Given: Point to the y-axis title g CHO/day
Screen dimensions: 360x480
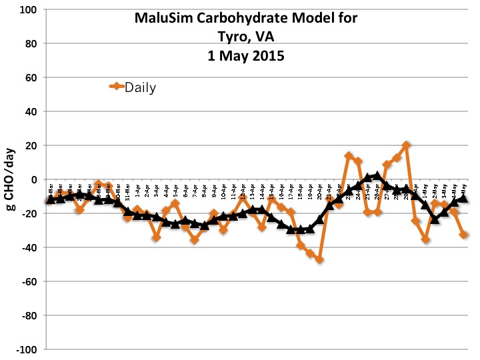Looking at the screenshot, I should pos(11,179).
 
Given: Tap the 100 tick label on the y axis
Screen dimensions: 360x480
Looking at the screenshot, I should pos(29,10).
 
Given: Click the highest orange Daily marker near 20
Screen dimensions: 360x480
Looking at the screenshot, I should pos(407,145).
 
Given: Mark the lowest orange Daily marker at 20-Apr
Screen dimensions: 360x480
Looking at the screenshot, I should pos(320,259).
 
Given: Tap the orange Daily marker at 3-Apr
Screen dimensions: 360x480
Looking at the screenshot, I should pos(156,237).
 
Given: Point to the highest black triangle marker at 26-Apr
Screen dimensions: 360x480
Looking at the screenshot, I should pos(377,176).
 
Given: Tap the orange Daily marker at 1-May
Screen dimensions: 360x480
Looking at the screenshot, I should pos(425,239).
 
